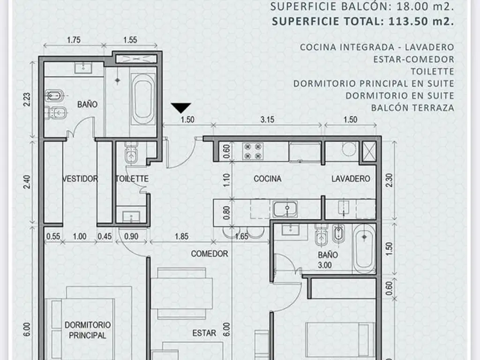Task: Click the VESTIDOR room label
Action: click(x=80, y=179)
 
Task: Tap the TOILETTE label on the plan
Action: click(x=132, y=179)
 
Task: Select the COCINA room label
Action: click(x=268, y=179)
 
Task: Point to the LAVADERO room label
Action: click(x=351, y=179)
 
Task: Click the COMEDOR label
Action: click(x=210, y=254)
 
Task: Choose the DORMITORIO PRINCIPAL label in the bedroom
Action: click(x=88, y=330)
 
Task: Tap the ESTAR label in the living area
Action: click(x=204, y=333)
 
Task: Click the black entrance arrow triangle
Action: click(x=181, y=108)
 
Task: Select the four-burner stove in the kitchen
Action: click(x=253, y=151)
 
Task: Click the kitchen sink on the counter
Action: click(x=285, y=209)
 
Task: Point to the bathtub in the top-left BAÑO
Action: click(x=142, y=98)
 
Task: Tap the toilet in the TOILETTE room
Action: click(x=131, y=154)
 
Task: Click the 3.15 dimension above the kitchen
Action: click(x=267, y=120)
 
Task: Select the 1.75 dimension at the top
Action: click(x=74, y=40)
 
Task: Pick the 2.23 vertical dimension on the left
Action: click(x=27, y=100)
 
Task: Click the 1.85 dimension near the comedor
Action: click(x=181, y=236)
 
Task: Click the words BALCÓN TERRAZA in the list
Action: click(x=412, y=108)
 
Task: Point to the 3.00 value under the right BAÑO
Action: click(x=324, y=265)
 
